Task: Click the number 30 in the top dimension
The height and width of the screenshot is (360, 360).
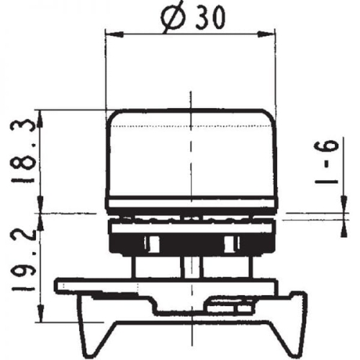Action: click(x=207, y=19)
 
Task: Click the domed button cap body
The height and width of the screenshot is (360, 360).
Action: click(x=191, y=155)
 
